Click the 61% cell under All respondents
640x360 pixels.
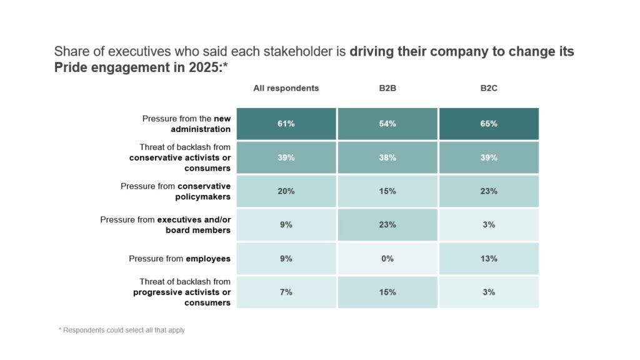pos(286,124)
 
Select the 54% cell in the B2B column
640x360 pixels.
pos(387,124)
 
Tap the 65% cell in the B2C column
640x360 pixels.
pos(489,124)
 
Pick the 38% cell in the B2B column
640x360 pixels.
pos(387,157)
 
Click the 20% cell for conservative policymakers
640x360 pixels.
pos(286,191)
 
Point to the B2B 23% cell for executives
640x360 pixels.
pos(387,224)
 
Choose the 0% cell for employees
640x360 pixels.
pos(387,258)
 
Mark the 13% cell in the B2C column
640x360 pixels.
pos(489,258)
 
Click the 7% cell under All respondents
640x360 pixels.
pos(286,292)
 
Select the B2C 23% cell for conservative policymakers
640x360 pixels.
pos(489,191)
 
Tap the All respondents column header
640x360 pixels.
pos(286,88)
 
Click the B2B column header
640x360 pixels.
pos(387,88)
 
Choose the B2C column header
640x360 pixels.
pos(489,88)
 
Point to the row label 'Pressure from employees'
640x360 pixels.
pos(179,259)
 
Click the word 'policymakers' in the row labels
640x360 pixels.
pos(203,197)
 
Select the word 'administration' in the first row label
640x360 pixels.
pos(201,129)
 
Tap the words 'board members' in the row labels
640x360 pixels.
pos(198,230)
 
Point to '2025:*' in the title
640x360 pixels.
pos(207,67)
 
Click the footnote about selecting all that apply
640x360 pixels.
pos(122,330)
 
